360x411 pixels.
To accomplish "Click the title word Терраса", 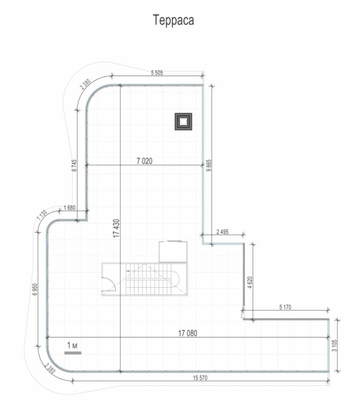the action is pos(173,21).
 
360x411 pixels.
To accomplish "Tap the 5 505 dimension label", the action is pos(157,72).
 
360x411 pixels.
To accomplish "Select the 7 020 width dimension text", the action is pos(145,161).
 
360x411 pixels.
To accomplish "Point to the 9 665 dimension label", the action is pos(209,165).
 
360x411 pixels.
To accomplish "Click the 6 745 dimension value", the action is pos(75,165).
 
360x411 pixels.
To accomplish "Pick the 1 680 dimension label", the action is pos(69,208).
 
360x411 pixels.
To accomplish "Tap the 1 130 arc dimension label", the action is pos(42,215).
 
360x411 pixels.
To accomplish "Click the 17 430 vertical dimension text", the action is pos(116,228).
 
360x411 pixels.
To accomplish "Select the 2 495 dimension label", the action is pos(223,232).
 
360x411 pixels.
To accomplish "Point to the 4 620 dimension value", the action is pos(250,283).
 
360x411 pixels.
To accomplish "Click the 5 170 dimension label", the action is pos(285,307).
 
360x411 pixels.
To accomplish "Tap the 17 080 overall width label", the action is pos(188,333).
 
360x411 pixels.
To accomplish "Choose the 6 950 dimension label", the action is pos(35,289).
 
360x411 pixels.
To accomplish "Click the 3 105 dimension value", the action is pos(334,345).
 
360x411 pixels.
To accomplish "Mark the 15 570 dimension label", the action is pos(200,378).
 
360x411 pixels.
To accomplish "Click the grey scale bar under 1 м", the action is pos(73,353).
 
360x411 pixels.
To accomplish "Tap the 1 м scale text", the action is pos(72,345).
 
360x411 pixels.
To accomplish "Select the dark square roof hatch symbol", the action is pos(184,122).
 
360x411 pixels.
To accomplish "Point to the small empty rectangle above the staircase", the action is pos(173,252).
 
